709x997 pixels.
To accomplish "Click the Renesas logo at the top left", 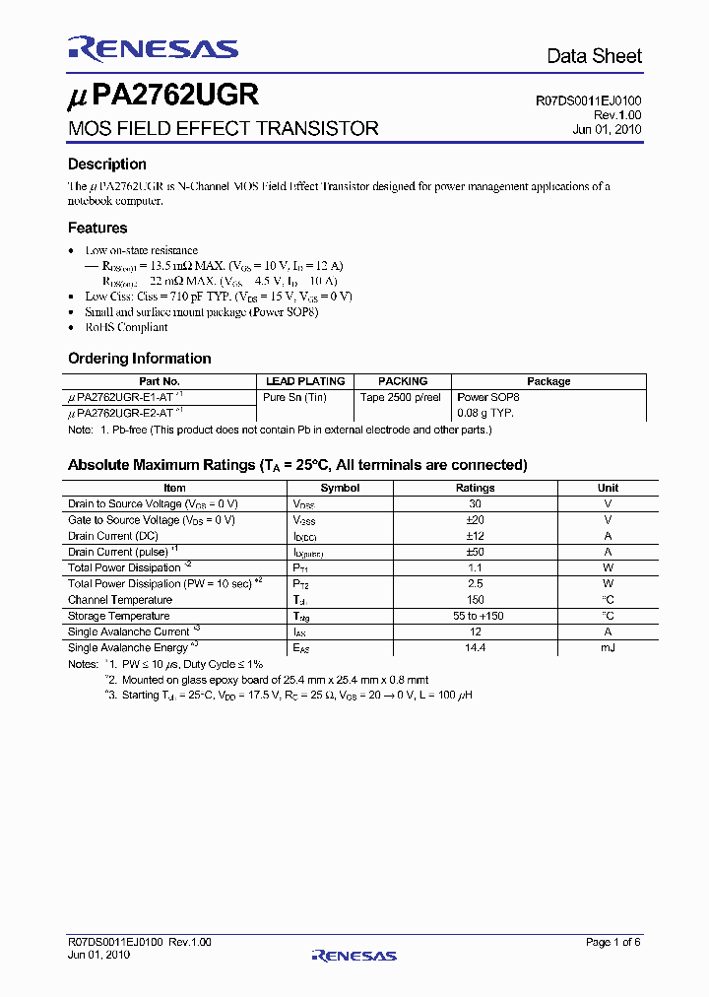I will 153,49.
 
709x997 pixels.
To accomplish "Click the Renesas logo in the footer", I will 354,955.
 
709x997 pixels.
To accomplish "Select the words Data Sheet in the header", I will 594,56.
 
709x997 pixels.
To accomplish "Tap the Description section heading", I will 107,165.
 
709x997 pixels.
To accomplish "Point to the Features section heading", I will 97,228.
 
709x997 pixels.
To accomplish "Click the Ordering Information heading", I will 140,359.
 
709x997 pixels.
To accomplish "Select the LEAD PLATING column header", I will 305,381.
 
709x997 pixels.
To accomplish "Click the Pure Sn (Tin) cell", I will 294,397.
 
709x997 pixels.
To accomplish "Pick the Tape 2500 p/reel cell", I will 400,397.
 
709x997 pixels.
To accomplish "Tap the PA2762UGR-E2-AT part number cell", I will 125,413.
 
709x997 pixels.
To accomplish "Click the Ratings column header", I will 475,488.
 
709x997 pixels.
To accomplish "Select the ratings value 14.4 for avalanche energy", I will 475,647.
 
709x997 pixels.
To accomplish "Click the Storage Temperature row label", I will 118,616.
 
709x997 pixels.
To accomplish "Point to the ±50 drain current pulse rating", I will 475,552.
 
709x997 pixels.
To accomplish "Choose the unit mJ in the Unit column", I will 608,647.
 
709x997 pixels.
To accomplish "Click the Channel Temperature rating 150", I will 475,599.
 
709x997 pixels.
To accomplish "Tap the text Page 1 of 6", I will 613,943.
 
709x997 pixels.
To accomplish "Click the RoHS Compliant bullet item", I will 126,327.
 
